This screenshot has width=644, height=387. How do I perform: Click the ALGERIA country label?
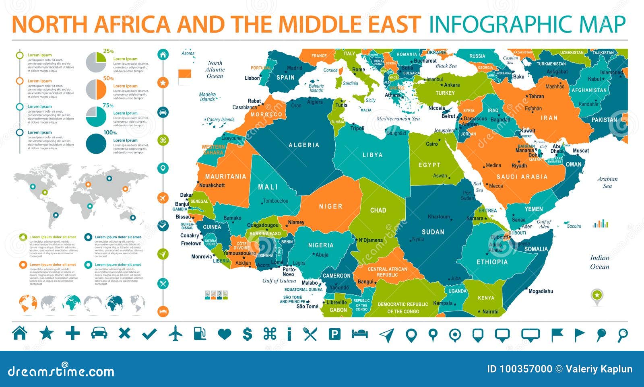[304, 145]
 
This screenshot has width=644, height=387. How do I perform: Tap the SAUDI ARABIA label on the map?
[522, 177]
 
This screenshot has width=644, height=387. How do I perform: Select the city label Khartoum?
[439, 217]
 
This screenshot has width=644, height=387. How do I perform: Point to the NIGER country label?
[330, 206]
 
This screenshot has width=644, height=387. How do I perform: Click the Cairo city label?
[432, 144]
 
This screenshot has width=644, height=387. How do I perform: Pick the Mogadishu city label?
[541, 291]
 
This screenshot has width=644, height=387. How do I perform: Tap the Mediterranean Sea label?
[398, 119]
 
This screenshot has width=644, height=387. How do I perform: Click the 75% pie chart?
[96, 116]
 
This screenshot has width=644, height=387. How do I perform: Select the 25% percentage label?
[108, 51]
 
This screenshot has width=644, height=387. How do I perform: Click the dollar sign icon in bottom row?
[248, 334]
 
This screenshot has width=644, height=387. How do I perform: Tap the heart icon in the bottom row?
[225, 334]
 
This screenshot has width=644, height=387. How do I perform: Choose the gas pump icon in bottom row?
[200, 334]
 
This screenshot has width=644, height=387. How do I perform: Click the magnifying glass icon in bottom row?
[622, 335]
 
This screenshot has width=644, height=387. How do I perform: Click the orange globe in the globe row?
[28, 303]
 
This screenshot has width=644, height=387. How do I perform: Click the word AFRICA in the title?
[132, 24]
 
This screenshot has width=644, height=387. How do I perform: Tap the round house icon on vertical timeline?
[163, 55]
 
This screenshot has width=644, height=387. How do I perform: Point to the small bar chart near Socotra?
[600, 224]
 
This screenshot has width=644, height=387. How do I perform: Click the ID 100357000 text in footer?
[519, 369]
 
